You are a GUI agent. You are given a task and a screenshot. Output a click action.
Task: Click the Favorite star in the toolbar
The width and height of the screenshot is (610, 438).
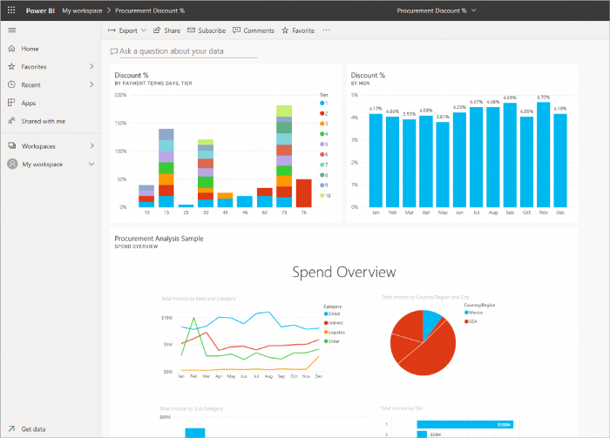tap(298, 30)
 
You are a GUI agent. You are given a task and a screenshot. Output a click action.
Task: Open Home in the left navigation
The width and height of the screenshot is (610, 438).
tap(30, 49)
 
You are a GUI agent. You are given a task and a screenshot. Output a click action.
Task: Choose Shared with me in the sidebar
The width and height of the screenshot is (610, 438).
tap(43, 121)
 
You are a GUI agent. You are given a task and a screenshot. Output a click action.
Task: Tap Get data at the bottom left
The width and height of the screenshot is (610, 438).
tap(34, 429)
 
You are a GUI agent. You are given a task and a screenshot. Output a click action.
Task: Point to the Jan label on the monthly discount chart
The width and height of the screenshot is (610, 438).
tap(376, 212)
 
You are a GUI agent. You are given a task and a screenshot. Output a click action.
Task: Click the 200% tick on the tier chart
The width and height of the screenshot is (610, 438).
tap(121, 95)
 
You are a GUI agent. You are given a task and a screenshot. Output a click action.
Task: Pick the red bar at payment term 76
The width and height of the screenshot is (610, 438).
tap(303, 192)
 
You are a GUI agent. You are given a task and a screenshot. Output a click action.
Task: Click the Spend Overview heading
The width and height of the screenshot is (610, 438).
tap(343, 273)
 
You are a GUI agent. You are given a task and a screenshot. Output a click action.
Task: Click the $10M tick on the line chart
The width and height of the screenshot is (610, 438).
tap(166, 318)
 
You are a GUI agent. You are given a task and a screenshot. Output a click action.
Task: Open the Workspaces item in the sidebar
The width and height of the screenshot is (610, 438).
tap(39, 146)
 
